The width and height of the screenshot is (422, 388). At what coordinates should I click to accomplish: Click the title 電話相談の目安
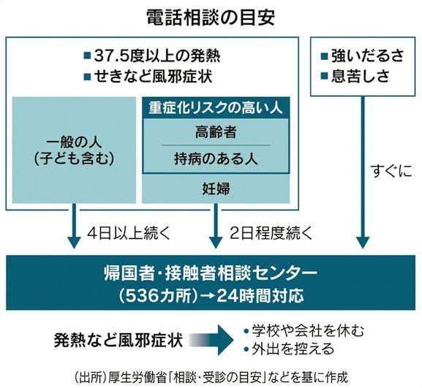point(211,18)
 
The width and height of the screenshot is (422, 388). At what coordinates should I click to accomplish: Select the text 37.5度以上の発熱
point(157,56)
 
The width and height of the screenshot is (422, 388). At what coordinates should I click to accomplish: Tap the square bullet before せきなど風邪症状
point(88,77)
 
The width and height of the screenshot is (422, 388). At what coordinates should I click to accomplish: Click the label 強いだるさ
point(368,56)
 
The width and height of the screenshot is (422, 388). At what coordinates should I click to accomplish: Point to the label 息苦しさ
point(361,76)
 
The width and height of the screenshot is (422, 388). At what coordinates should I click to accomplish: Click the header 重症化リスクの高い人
point(216,108)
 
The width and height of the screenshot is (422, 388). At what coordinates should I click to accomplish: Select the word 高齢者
point(216,132)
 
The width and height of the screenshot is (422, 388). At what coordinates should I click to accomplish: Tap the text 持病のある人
point(216,159)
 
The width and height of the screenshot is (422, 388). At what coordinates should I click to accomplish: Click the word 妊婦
point(216,189)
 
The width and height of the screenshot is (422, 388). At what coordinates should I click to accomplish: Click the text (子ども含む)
point(74,159)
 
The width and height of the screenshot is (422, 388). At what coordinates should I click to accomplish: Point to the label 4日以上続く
point(129,233)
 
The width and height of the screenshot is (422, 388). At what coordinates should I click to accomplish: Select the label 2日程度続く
point(271,233)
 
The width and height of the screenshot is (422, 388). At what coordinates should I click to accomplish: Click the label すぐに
point(391,171)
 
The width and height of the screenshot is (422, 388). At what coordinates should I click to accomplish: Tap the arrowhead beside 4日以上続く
point(74,243)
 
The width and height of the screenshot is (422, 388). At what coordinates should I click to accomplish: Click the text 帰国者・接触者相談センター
point(211,273)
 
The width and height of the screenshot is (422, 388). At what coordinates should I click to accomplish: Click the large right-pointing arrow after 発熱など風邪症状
point(211,340)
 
